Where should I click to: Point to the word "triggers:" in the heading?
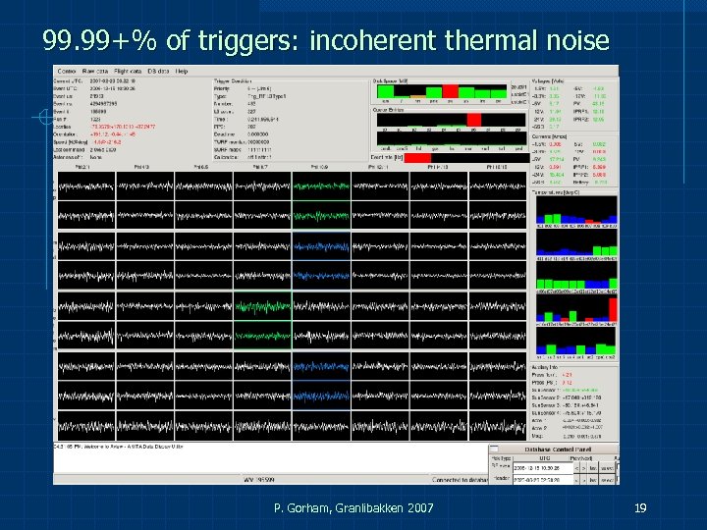click(257, 40)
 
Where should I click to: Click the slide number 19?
click(639, 507)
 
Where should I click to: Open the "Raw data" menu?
click(95, 71)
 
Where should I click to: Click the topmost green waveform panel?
click(321, 185)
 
